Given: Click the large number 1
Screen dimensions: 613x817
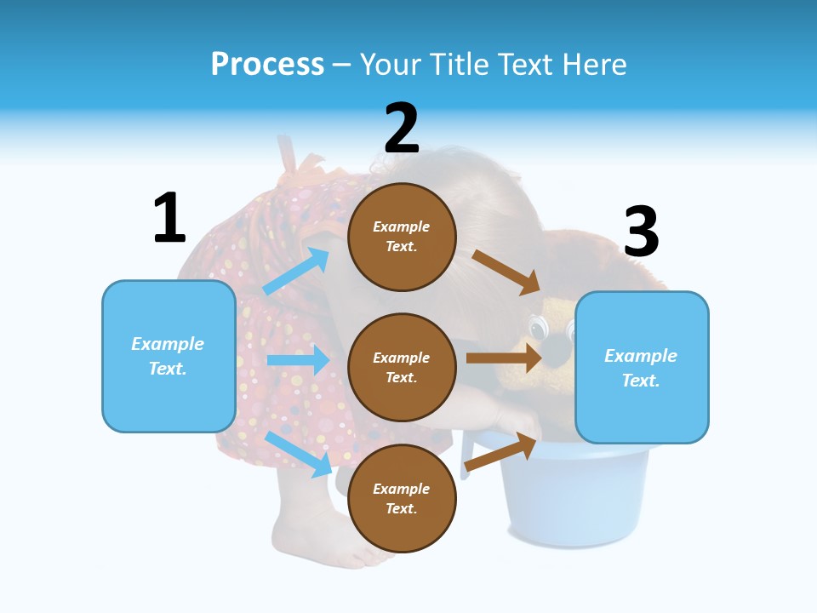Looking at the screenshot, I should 169,218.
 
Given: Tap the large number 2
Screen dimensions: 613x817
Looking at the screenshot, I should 402,129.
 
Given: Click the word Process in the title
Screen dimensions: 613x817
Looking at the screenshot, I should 267,64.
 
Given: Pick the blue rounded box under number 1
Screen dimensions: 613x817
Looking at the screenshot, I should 169,356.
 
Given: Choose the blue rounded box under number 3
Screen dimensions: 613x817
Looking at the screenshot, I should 642,367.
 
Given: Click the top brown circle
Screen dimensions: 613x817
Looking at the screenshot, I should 402,237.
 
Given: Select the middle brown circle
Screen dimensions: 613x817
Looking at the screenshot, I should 402,367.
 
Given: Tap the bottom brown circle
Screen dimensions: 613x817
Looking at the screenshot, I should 402,498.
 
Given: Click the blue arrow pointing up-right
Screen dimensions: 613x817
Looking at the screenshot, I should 296,272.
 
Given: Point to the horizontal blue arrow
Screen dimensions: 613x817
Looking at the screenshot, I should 298,360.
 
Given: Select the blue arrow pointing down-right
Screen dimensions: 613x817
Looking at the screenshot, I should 299,454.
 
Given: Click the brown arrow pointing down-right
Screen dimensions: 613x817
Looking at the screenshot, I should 506,272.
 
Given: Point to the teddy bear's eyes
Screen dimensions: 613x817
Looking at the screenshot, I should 539,327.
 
